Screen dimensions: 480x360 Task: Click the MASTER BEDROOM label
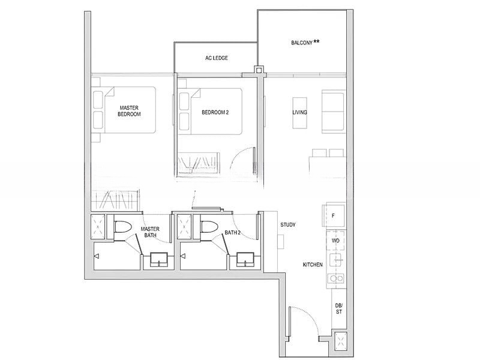[x=129, y=111]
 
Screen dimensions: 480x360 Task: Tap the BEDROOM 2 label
[x=215, y=112]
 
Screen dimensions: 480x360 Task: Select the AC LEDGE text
[x=217, y=58]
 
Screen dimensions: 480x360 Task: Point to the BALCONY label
[x=302, y=43]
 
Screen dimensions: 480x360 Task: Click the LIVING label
[x=299, y=112]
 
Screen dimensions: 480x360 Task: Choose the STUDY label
[x=288, y=224]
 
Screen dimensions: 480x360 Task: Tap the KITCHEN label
[x=313, y=265]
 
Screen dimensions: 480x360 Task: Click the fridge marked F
[x=334, y=215]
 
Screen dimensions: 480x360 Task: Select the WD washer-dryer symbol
[x=336, y=241]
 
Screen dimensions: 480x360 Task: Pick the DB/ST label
[x=338, y=308]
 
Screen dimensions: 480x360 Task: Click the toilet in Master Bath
[x=123, y=227]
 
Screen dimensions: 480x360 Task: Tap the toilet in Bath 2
[x=209, y=227]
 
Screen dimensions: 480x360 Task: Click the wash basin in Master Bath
[x=159, y=260]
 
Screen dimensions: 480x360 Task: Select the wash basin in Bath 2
[x=245, y=260]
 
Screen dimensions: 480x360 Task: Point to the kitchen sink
[x=337, y=261]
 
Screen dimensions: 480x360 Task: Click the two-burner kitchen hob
[x=336, y=278]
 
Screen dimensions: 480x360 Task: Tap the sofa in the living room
[x=334, y=112]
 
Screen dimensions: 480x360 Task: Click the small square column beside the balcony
[x=259, y=70]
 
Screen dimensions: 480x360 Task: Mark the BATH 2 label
[x=232, y=233]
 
